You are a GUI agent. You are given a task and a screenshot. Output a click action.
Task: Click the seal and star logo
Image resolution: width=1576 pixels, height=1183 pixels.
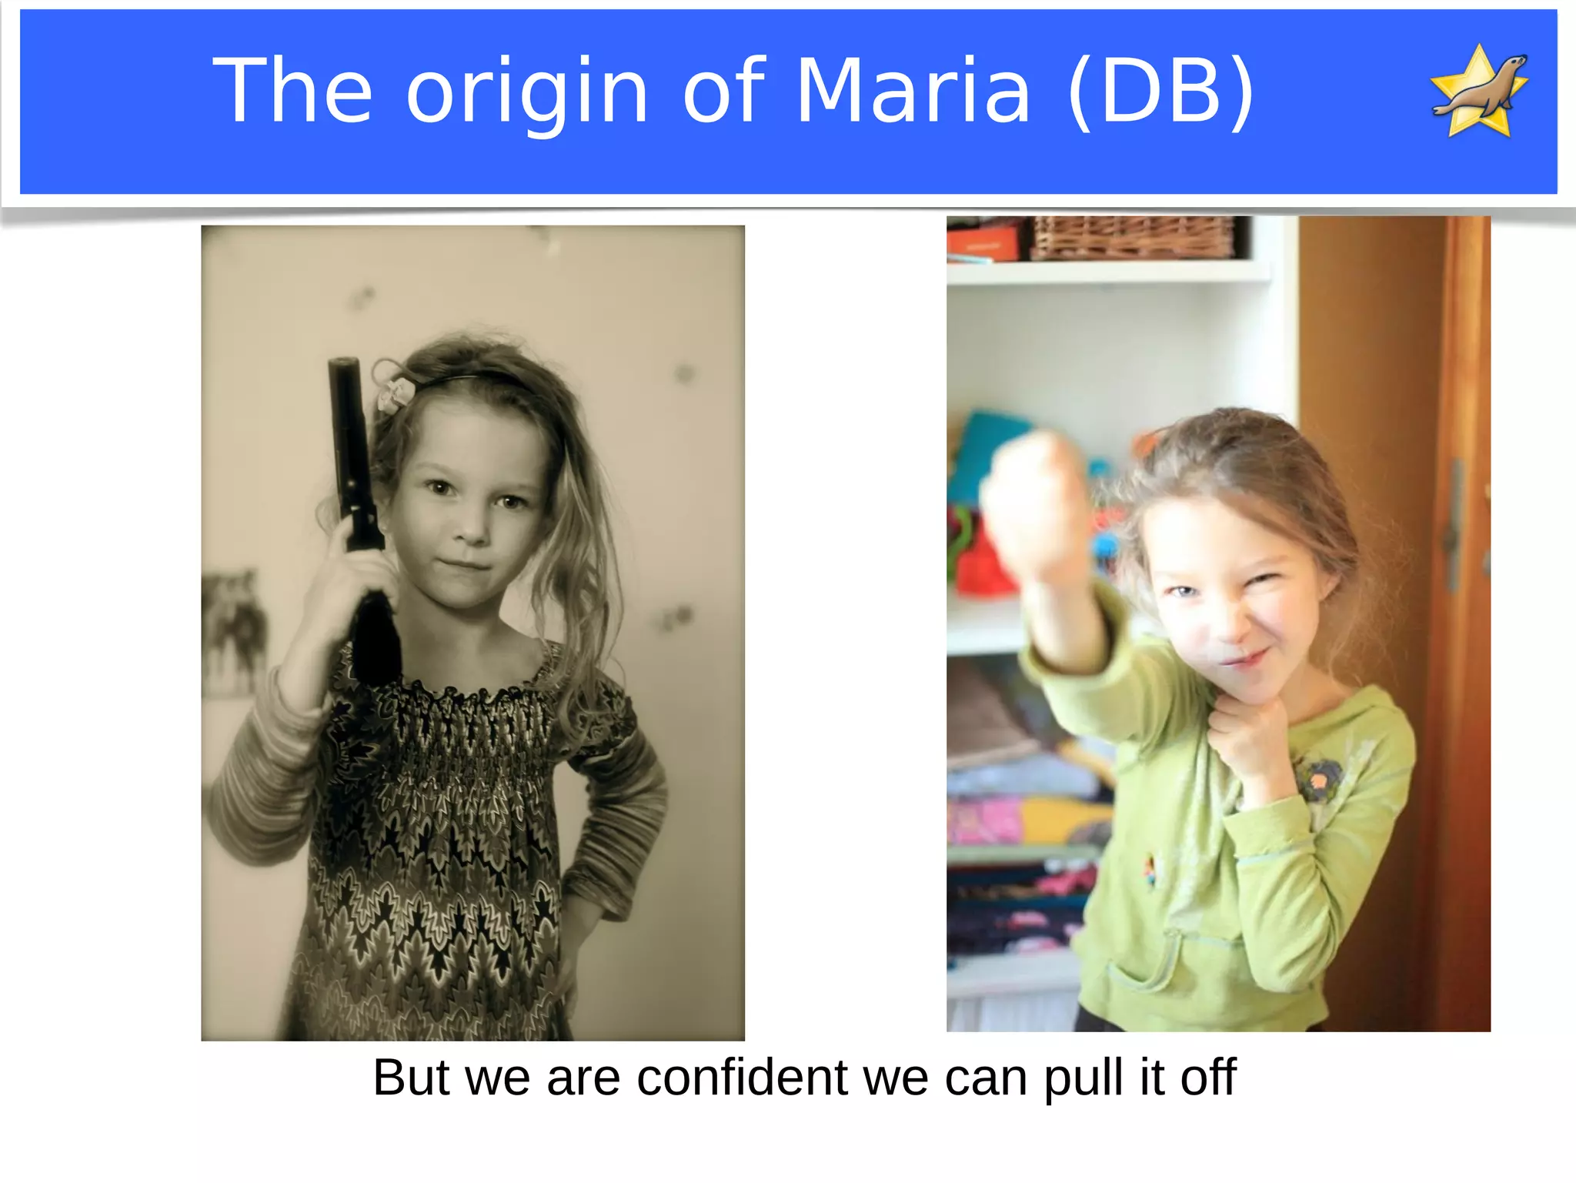pyautogui.click(x=1478, y=92)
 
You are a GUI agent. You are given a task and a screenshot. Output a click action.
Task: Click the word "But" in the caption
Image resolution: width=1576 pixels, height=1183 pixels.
pyautogui.click(x=411, y=1078)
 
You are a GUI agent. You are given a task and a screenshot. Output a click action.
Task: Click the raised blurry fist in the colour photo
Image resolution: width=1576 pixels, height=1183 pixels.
pyautogui.click(x=1035, y=500)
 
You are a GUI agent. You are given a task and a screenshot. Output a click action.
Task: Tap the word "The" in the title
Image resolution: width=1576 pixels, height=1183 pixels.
pyautogui.click(x=292, y=91)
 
